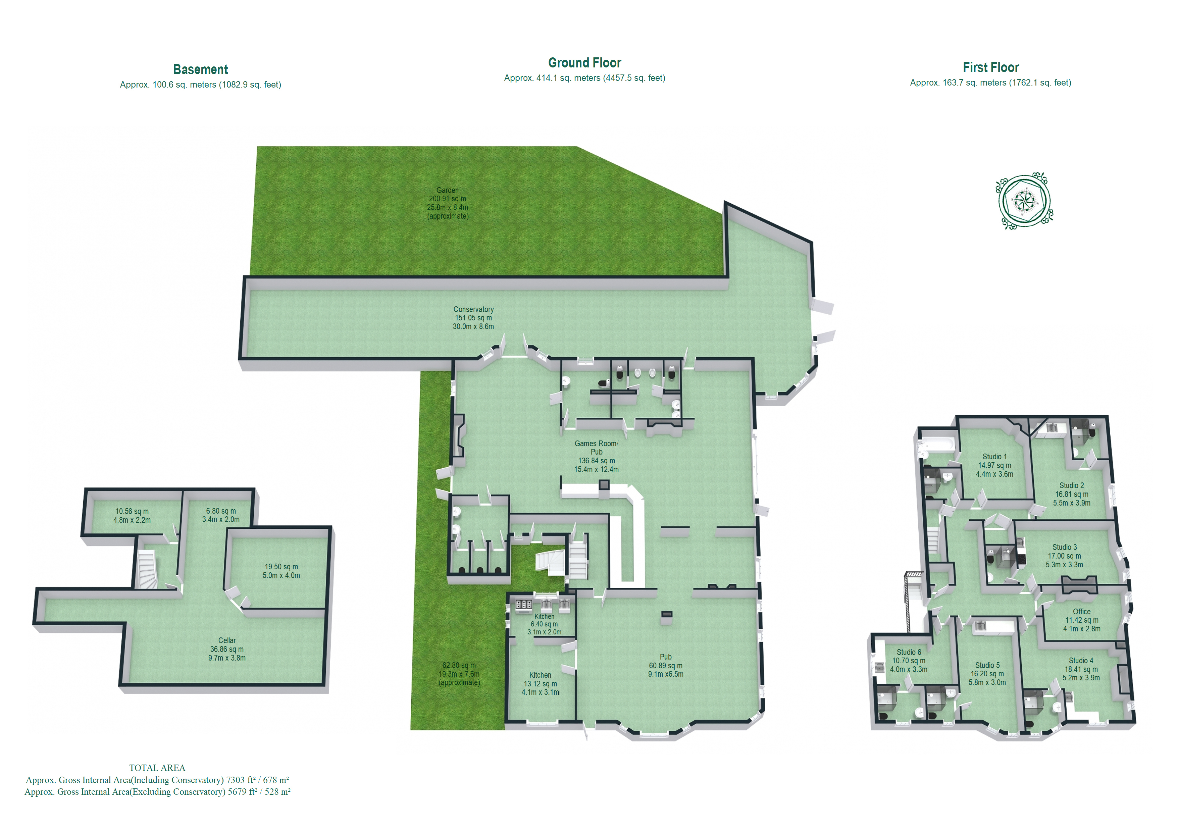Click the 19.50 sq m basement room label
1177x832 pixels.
coord(281,571)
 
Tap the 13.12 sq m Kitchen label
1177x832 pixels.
coord(540,683)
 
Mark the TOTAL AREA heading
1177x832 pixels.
coord(157,767)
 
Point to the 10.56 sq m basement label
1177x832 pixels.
coord(132,515)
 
